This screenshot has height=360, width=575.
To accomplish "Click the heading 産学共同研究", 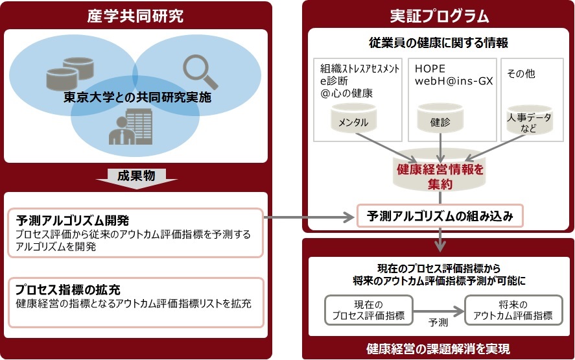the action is tap(135, 16).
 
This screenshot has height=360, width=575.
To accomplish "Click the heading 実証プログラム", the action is tap(440, 16).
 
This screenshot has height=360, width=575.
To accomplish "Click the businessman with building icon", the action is tap(130, 126).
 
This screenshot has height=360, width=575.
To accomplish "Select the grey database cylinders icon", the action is tap(70, 73).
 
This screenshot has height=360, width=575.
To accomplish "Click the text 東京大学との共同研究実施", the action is tap(137, 97).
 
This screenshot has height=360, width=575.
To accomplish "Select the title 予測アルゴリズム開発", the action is tap(72, 220).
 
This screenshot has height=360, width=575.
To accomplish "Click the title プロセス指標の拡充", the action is tap(68, 289).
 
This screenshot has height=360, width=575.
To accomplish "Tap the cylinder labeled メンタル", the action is tap(353, 118).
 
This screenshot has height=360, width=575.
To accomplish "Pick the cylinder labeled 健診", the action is tap(440, 118).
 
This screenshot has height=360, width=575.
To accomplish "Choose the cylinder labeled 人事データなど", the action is tap(529, 120).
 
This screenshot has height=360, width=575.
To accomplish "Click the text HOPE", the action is tap(430, 69).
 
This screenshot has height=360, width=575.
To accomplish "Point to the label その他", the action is tap(521, 73).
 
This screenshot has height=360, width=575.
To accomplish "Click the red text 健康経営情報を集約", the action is tap(440, 176).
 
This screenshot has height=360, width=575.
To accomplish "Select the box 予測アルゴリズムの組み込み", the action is tap(440, 216).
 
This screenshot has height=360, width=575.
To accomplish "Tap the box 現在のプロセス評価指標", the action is tap(369, 310).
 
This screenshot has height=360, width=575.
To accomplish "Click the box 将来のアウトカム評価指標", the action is tap(513, 310).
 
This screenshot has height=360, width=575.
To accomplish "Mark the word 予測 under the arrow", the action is tap(438, 322).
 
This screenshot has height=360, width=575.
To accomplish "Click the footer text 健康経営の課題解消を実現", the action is tap(438, 348).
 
